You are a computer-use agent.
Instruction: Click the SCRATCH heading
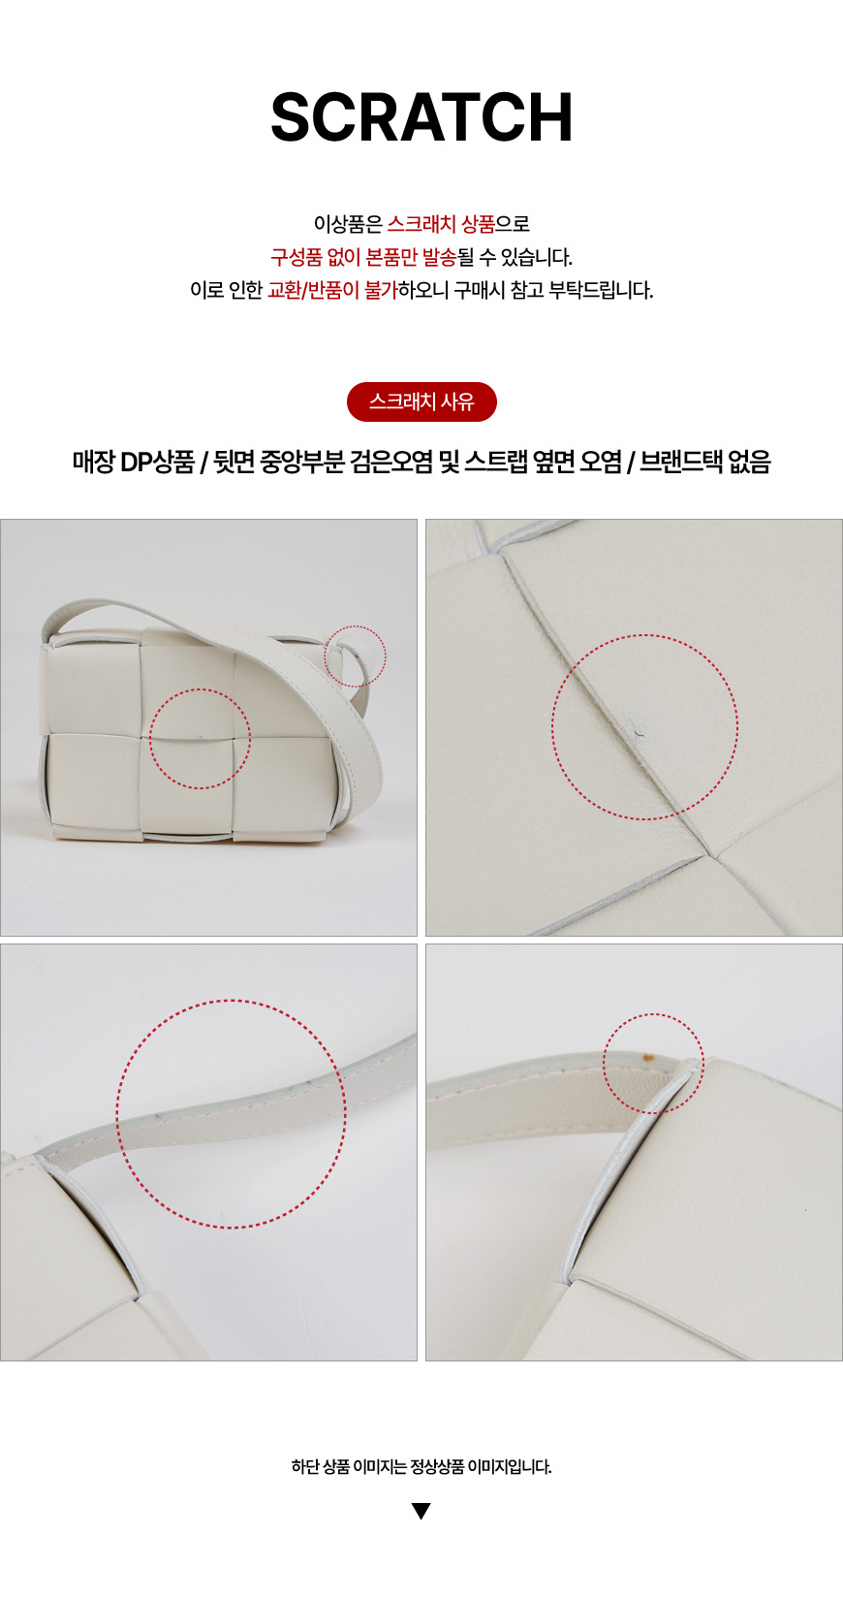click(x=421, y=117)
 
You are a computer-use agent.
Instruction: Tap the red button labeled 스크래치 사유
click(x=421, y=401)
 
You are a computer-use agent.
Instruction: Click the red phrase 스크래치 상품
click(x=441, y=224)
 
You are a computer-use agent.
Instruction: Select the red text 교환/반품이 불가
click(x=332, y=290)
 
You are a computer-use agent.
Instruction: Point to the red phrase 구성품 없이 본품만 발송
click(x=363, y=257)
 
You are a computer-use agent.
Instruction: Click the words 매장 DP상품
click(x=134, y=463)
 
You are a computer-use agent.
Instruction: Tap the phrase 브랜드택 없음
click(x=704, y=463)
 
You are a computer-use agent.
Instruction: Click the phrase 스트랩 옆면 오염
click(x=544, y=463)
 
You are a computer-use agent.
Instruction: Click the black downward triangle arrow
click(x=421, y=1511)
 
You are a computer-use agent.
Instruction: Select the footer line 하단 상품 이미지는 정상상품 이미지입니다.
click(x=421, y=1466)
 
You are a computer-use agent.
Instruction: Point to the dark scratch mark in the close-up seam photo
click(x=634, y=728)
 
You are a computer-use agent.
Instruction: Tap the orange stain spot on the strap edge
click(x=649, y=1054)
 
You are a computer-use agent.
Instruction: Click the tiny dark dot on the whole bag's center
click(x=200, y=735)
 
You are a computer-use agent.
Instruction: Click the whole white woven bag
click(x=211, y=721)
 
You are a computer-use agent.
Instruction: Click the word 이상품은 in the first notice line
click(x=348, y=224)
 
